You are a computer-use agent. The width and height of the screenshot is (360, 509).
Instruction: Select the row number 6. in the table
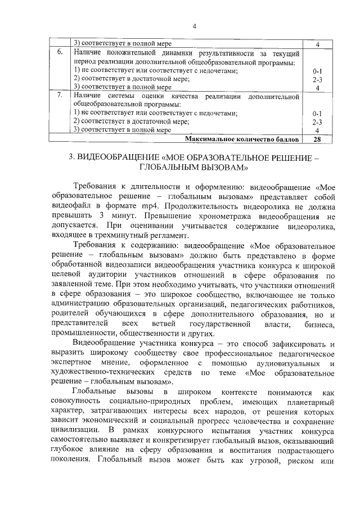60,52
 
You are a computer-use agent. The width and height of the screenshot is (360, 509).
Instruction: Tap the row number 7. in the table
60,96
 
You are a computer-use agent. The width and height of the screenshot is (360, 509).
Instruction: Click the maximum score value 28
317,139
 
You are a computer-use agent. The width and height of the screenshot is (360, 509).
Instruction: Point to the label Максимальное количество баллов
241,139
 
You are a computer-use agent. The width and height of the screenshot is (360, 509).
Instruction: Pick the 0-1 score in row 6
317,71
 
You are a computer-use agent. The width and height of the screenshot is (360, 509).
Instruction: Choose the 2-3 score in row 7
317,121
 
